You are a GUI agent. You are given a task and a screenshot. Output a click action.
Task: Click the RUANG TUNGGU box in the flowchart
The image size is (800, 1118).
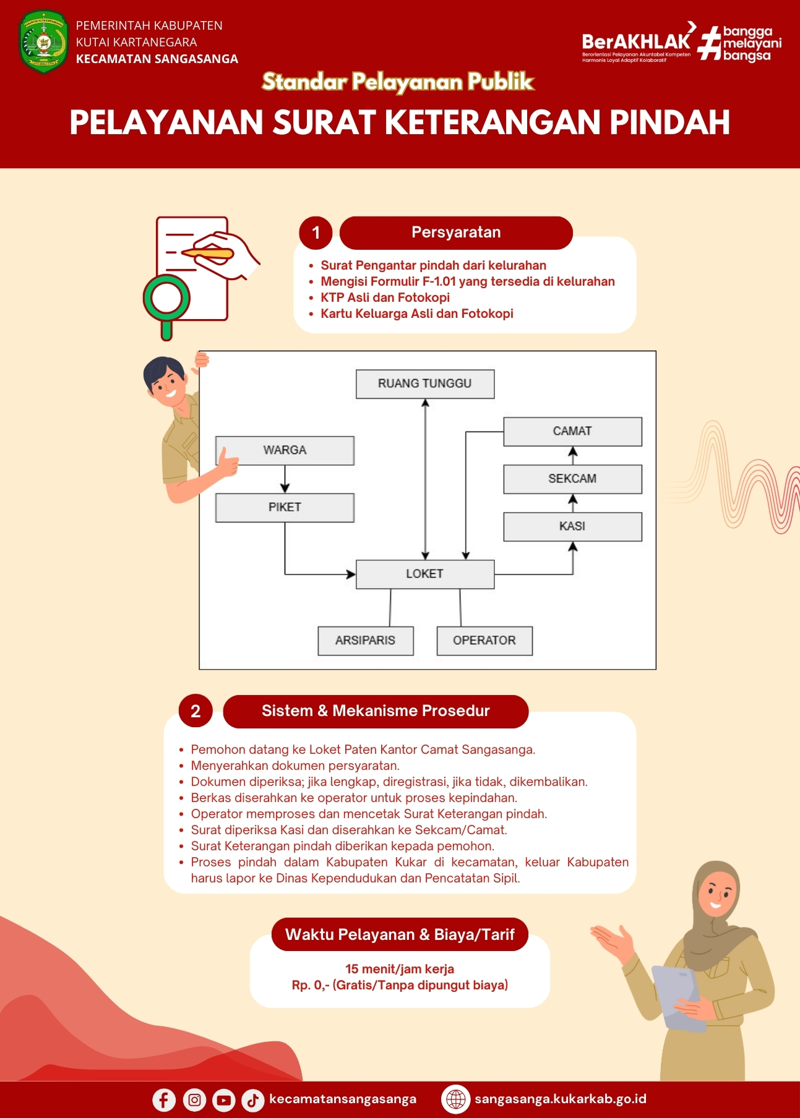pos(425,384)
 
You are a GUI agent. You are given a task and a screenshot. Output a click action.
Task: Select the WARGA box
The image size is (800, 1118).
pos(285,450)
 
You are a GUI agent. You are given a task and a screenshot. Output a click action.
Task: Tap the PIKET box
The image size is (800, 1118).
pos(285,508)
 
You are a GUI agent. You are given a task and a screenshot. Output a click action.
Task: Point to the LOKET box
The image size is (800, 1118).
pos(425,574)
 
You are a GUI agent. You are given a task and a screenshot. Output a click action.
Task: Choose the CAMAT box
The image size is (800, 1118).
pos(572,432)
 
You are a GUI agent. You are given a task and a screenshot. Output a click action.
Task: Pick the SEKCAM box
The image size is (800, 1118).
pos(572,479)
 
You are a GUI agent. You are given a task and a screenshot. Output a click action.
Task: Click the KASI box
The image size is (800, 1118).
pos(572,527)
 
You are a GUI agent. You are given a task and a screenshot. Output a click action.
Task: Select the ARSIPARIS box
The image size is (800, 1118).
pos(366,641)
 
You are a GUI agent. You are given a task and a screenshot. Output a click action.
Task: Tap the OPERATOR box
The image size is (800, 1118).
pos(484,641)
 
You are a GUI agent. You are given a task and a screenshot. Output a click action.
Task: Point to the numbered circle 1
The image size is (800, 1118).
pos(316,233)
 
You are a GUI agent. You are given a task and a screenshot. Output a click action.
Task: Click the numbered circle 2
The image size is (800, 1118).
pos(196,711)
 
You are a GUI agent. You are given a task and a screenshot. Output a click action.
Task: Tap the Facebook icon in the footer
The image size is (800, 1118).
pos(164,1100)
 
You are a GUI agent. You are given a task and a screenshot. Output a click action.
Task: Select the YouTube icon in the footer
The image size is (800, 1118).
pos(223,1100)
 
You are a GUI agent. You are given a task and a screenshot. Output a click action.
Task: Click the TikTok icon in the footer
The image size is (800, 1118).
pos(252,1100)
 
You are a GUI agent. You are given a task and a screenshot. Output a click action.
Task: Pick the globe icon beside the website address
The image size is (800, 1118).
pos(456,1099)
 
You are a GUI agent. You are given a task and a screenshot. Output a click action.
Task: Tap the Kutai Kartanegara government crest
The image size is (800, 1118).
pos(43,42)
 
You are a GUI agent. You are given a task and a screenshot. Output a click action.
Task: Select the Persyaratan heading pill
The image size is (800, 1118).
pos(456,233)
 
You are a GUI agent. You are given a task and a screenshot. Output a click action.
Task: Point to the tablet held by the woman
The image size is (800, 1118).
pos(679,997)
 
